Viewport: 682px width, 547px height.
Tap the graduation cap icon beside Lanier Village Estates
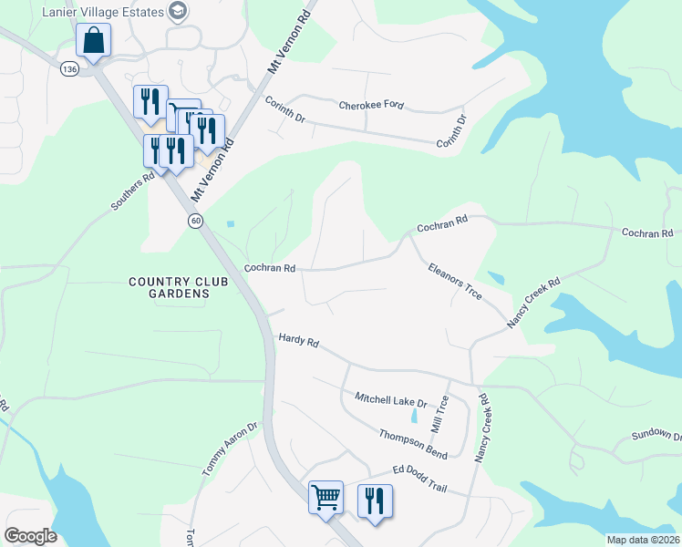[178, 12]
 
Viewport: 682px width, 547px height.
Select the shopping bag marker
[94, 40]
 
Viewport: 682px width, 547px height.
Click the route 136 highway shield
[70, 68]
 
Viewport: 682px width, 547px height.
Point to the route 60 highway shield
[195, 221]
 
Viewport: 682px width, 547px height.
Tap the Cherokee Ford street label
[371, 106]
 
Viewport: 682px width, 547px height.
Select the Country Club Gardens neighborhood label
[170, 287]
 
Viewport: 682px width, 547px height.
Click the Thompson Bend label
[413, 440]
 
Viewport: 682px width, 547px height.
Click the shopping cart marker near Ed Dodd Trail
[325, 498]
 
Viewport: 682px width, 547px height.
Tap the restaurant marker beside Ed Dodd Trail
[375, 501]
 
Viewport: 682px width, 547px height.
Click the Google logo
[30, 536]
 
